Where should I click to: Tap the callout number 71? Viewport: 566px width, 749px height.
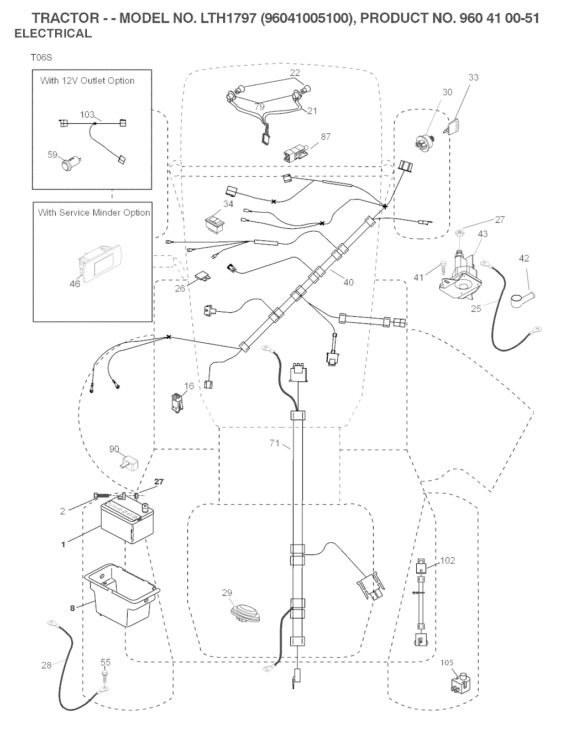(274, 443)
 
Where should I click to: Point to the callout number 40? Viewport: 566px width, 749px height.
(348, 282)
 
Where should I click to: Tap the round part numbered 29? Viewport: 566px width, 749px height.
(243, 612)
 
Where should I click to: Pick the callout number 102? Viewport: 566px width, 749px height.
(447, 560)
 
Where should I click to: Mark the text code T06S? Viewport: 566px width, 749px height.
(41, 57)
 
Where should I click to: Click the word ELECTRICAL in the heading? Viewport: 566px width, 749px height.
(53, 33)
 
